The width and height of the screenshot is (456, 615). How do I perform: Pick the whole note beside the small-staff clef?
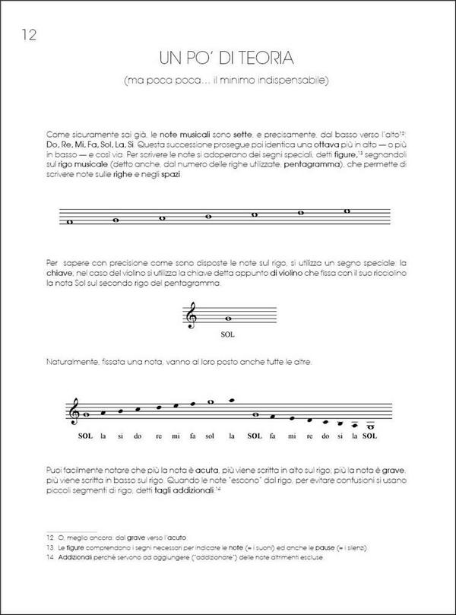coord(229,319)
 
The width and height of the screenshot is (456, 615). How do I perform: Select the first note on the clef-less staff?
coord(70,223)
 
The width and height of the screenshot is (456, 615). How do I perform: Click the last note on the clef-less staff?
coord(347,211)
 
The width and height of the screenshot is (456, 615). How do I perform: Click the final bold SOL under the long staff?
coord(371,436)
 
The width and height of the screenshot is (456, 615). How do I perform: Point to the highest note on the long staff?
coord(231,398)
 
